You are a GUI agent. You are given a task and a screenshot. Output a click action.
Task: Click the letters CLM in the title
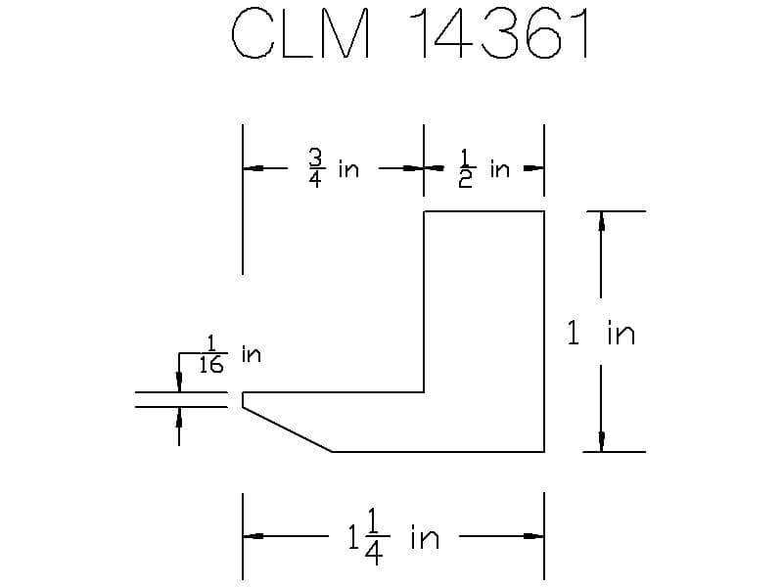click(x=301, y=33)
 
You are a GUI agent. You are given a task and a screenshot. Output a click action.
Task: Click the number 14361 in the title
click(x=498, y=33)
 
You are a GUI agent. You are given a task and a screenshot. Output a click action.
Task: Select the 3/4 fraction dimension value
click(x=315, y=168)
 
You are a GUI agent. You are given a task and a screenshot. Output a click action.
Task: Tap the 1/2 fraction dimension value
click(x=466, y=168)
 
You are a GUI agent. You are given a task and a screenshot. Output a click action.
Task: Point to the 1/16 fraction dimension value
click(x=211, y=354)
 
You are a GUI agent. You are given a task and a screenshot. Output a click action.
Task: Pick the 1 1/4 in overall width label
click(x=393, y=537)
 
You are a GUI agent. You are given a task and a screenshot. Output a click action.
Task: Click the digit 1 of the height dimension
click(x=574, y=333)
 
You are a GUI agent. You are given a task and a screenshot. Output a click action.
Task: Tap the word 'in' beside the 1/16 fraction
click(x=252, y=354)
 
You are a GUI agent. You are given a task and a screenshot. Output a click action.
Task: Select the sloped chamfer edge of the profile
click(x=288, y=429)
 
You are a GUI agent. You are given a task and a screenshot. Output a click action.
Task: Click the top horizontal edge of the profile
click(x=484, y=211)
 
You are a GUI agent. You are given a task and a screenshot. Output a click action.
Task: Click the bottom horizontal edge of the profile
click(x=438, y=452)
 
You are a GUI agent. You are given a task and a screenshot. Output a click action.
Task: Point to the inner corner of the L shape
click(x=424, y=392)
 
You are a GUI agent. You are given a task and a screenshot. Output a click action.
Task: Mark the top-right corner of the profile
click(x=544, y=211)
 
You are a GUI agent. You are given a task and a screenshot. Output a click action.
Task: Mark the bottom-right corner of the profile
click(x=544, y=452)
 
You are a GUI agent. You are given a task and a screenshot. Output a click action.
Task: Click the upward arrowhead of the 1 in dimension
click(x=602, y=221)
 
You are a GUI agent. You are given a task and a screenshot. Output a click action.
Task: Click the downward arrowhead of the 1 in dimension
click(x=602, y=442)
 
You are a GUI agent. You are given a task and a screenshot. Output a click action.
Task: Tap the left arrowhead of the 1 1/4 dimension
click(x=253, y=536)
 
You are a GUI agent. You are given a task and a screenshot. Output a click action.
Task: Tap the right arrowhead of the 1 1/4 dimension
click(x=533, y=536)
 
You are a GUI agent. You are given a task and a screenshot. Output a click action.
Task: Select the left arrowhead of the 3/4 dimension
click(x=253, y=168)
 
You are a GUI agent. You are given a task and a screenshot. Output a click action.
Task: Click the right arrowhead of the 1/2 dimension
click(x=533, y=168)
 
